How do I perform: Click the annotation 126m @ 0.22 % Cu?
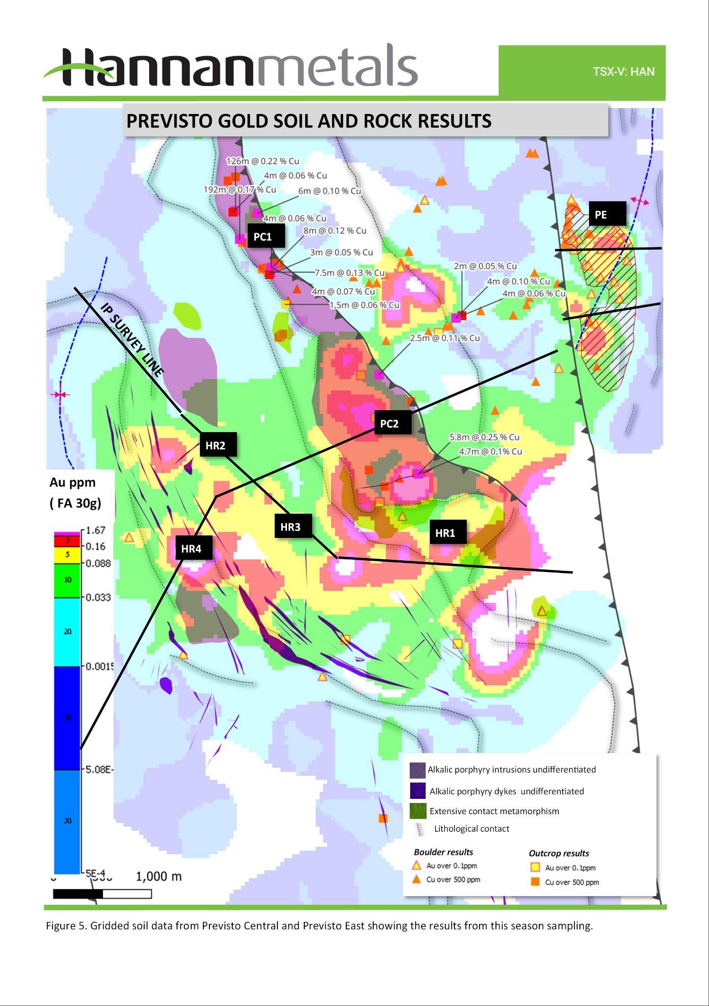[x=263, y=161]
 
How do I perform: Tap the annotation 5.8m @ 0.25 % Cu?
[x=484, y=437]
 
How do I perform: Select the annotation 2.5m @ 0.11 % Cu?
[x=444, y=338]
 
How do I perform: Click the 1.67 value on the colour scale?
[x=96, y=530]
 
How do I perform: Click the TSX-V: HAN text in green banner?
[x=623, y=72]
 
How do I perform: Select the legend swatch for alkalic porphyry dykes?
[x=417, y=791]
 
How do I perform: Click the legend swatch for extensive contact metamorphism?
[x=417, y=811]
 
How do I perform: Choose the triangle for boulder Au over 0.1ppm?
[x=416, y=865]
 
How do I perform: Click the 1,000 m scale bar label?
[x=159, y=876]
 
